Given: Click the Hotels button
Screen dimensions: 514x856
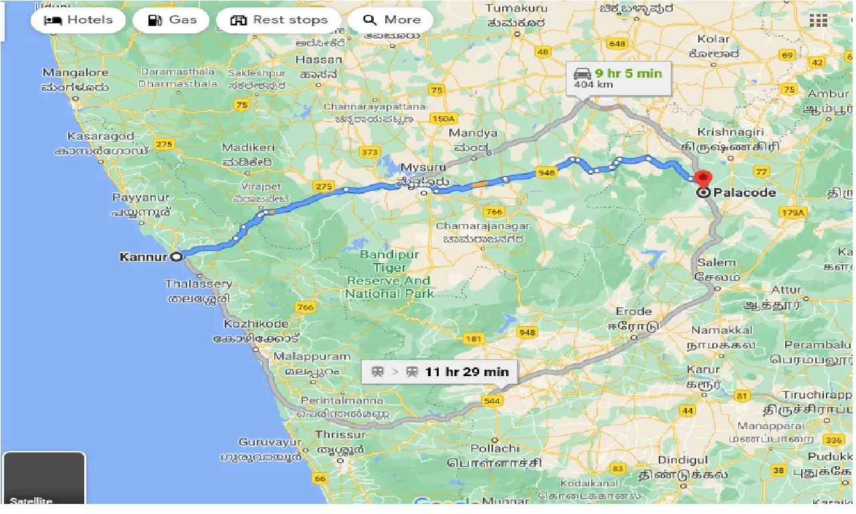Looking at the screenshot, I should [x=78, y=20].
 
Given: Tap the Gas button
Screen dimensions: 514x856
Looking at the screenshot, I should [x=173, y=20].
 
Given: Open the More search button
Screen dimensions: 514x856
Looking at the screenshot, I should [x=391, y=20].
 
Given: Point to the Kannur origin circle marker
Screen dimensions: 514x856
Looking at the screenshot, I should [x=176, y=256].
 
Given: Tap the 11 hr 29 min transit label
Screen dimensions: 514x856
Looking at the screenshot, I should [x=466, y=372].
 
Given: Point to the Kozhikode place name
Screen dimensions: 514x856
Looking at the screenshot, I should [x=256, y=324].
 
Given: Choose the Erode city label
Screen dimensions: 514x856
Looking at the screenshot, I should [x=633, y=311].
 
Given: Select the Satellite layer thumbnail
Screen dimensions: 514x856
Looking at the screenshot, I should [x=44, y=479].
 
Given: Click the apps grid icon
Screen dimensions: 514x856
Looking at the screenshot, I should [x=818, y=20].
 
